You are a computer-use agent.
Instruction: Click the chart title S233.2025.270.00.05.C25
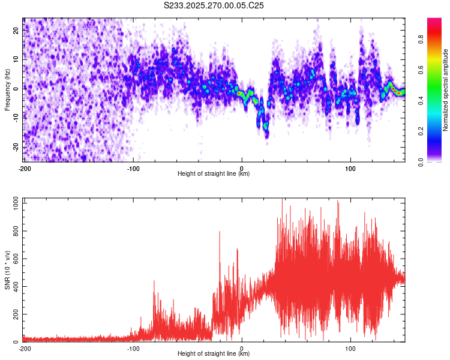(214, 5)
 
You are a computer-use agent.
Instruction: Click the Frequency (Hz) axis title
(7, 89)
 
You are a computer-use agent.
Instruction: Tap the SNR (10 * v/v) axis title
(7, 272)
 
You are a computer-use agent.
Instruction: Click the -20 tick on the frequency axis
(15, 147)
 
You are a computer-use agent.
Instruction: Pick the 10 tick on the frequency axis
(16, 59)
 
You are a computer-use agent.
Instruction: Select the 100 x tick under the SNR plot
(350, 348)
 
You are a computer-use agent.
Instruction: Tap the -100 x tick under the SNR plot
(133, 348)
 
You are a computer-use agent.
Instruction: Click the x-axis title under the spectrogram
(214, 174)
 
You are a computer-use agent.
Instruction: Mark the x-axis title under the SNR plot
(214, 354)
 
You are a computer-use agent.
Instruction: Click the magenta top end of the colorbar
(434, 21)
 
